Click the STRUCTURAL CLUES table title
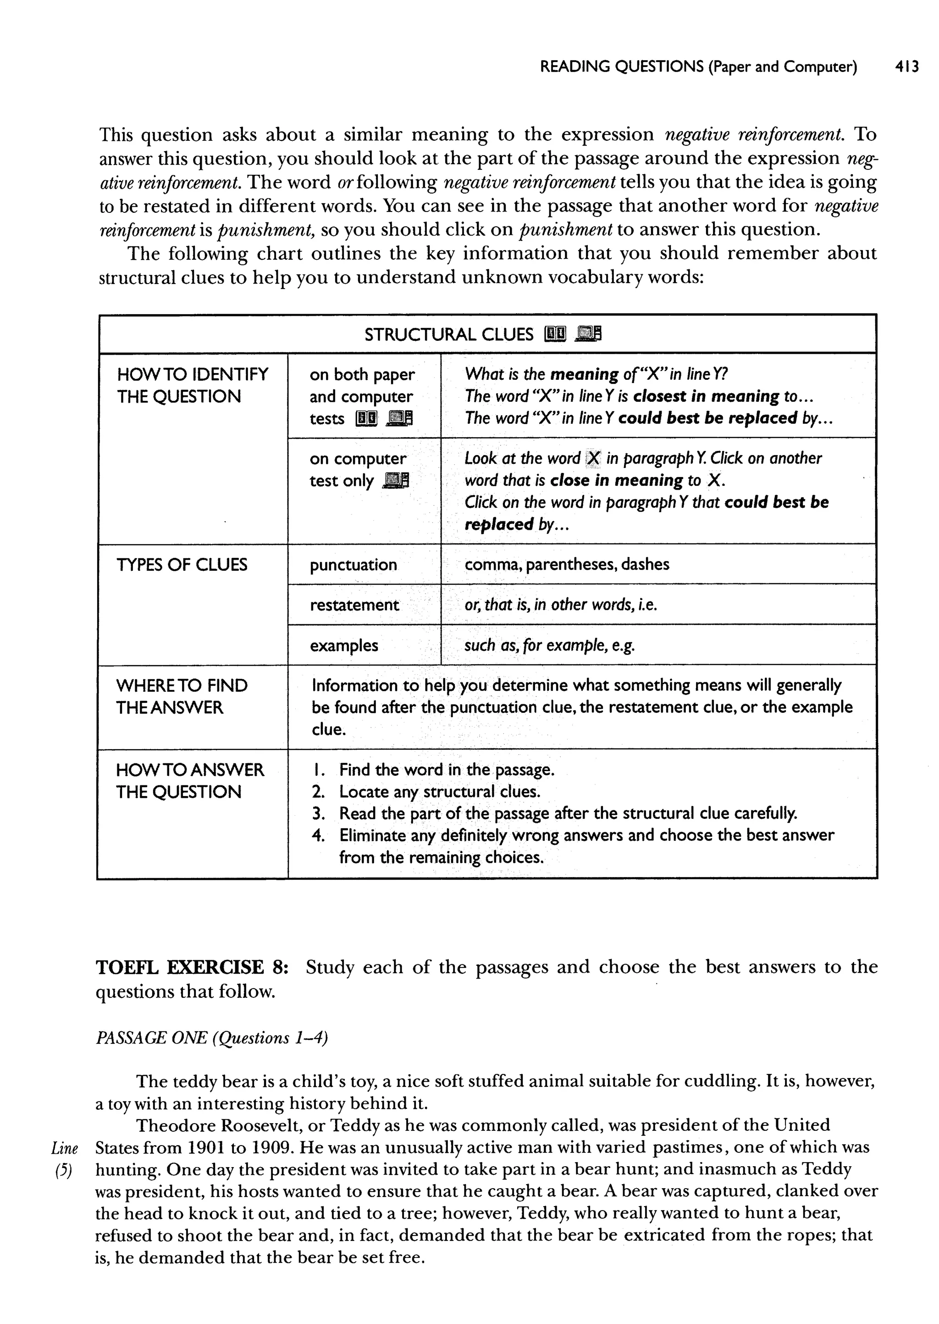[449, 334]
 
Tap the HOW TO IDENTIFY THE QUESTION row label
[192, 385]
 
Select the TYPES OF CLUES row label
[182, 565]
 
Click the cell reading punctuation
[354, 565]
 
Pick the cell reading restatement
[354, 605]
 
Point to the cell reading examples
[343, 645]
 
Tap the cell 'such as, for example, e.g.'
[549, 645]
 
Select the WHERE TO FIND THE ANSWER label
[182, 696]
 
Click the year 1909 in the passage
[268, 1147]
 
